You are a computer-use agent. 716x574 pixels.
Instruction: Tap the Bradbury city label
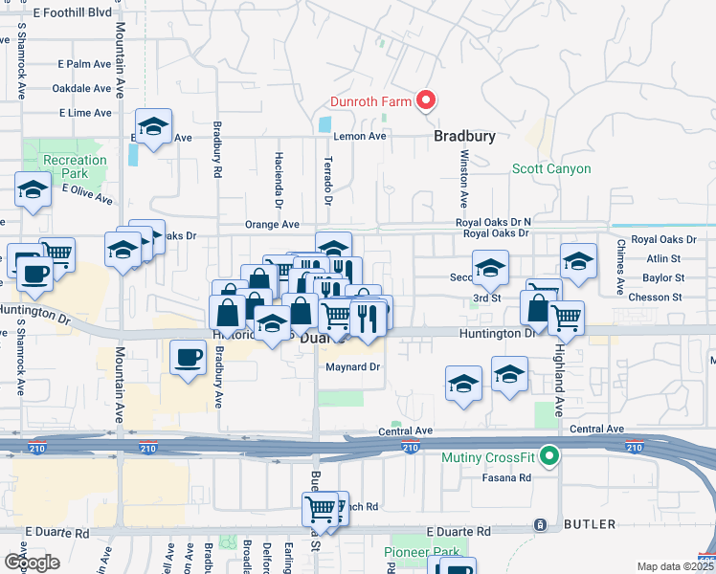[464, 137]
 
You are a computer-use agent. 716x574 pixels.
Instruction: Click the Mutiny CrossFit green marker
[548, 457]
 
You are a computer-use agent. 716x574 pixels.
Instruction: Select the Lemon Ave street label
[359, 137]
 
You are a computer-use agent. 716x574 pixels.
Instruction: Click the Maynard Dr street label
[353, 366]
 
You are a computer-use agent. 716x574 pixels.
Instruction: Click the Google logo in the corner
[32, 562]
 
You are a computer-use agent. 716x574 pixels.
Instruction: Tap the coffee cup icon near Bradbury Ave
[187, 358]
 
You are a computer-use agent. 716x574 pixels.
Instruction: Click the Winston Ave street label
[463, 179]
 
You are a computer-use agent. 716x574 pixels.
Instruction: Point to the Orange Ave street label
[272, 225]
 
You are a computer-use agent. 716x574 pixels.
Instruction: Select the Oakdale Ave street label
[82, 88]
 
